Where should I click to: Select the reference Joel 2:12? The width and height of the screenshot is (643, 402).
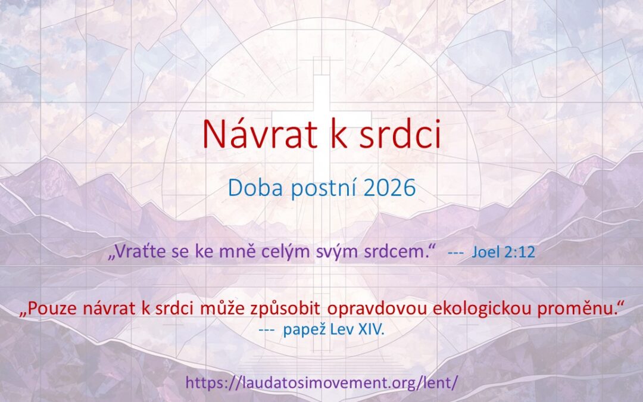(503, 253)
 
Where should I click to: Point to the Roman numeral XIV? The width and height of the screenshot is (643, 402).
(371, 329)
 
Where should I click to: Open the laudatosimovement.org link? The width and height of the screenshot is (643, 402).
(321, 382)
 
